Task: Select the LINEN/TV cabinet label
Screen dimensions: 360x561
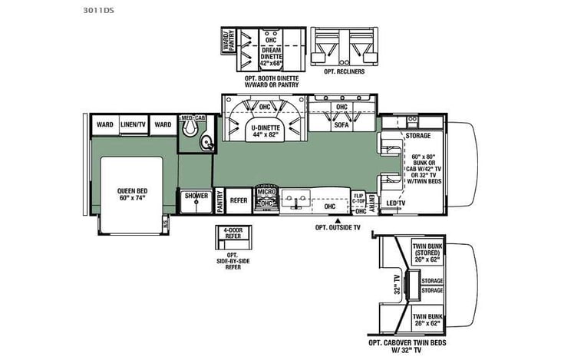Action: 131,124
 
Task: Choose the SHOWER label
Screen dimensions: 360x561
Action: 196,196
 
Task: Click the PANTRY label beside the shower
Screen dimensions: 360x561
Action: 220,200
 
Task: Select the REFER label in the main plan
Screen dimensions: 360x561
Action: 239,199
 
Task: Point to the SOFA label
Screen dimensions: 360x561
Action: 341,124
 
